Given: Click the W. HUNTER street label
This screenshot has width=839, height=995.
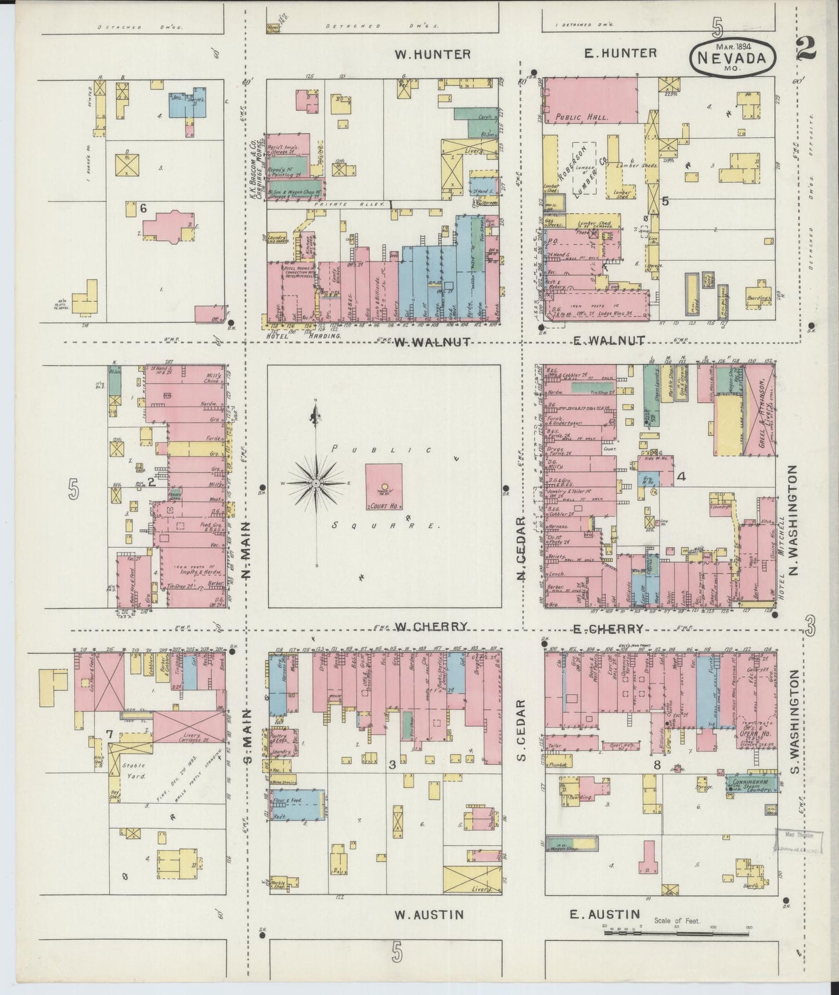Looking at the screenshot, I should [432, 54].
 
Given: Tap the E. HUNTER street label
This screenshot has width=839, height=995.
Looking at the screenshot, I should [620, 53].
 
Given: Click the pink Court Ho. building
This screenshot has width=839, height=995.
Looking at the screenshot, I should [384, 486].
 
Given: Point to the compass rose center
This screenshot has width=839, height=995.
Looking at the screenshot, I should [315, 483].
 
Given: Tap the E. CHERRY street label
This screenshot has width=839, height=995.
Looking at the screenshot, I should [607, 628].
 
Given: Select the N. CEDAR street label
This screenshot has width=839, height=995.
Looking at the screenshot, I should [521, 548].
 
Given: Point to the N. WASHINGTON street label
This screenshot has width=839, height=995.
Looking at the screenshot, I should [793, 522].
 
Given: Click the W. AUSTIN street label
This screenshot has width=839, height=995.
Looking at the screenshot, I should [429, 914].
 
